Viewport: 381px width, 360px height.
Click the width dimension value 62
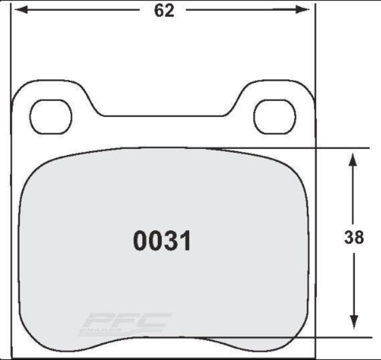pyautogui.click(x=164, y=11)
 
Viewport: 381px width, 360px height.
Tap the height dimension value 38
pyautogui.click(x=354, y=237)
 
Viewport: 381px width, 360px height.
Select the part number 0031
pyautogui.click(x=162, y=241)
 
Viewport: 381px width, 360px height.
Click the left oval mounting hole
pyautogui.click(x=51, y=116)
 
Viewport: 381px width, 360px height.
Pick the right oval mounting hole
pyautogui.click(x=274, y=116)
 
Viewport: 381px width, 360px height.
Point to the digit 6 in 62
pyautogui.click(x=159, y=11)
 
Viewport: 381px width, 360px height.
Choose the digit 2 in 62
pyautogui.click(x=170, y=11)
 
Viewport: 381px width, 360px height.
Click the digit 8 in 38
pyautogui.click(x=359, y=237)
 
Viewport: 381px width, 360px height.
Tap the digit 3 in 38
pyautogui.click(x=349, y=237)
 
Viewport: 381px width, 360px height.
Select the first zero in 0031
pyautogui.click(x=140, y=241)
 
